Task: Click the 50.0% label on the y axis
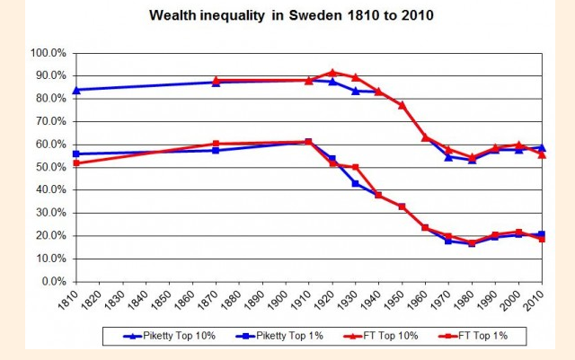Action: tap(50, 167)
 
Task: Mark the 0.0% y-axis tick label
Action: tap(53, 282)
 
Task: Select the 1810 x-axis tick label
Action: tap(76, 300)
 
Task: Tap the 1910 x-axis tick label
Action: tap(308, 300)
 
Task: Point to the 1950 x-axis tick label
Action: tap(402, 300)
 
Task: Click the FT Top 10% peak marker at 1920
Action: tap(332, 73)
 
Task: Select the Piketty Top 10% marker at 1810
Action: tap(76, 90)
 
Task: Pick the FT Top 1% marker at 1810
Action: tap(76, 163)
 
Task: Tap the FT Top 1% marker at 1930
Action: tap(356, 167)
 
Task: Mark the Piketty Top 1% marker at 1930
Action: tap(356, 183)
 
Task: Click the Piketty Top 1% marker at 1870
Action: tap(216, 150)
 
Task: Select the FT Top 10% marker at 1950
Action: tap(402, 105)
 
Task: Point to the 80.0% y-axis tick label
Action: tap(50, 99)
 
